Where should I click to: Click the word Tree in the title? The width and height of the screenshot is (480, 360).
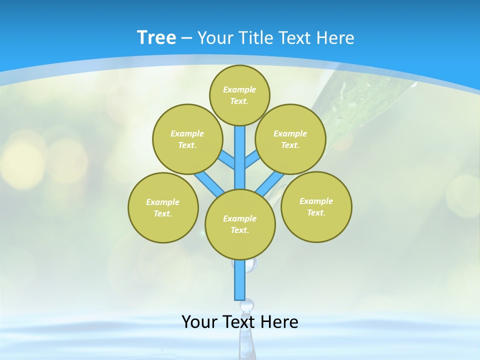156,37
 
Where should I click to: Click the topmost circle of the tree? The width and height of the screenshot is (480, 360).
239,95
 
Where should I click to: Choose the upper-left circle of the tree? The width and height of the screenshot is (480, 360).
187,139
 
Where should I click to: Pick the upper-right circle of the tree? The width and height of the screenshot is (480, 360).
290,139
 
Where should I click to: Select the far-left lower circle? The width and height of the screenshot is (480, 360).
163,207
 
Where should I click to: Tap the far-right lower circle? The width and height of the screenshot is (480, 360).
316,206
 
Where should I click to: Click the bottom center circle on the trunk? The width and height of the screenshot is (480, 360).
240,224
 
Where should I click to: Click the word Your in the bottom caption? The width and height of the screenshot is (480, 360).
199,322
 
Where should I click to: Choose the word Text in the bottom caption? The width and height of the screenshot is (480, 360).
241,322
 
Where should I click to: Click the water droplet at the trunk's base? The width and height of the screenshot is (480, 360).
247,305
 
